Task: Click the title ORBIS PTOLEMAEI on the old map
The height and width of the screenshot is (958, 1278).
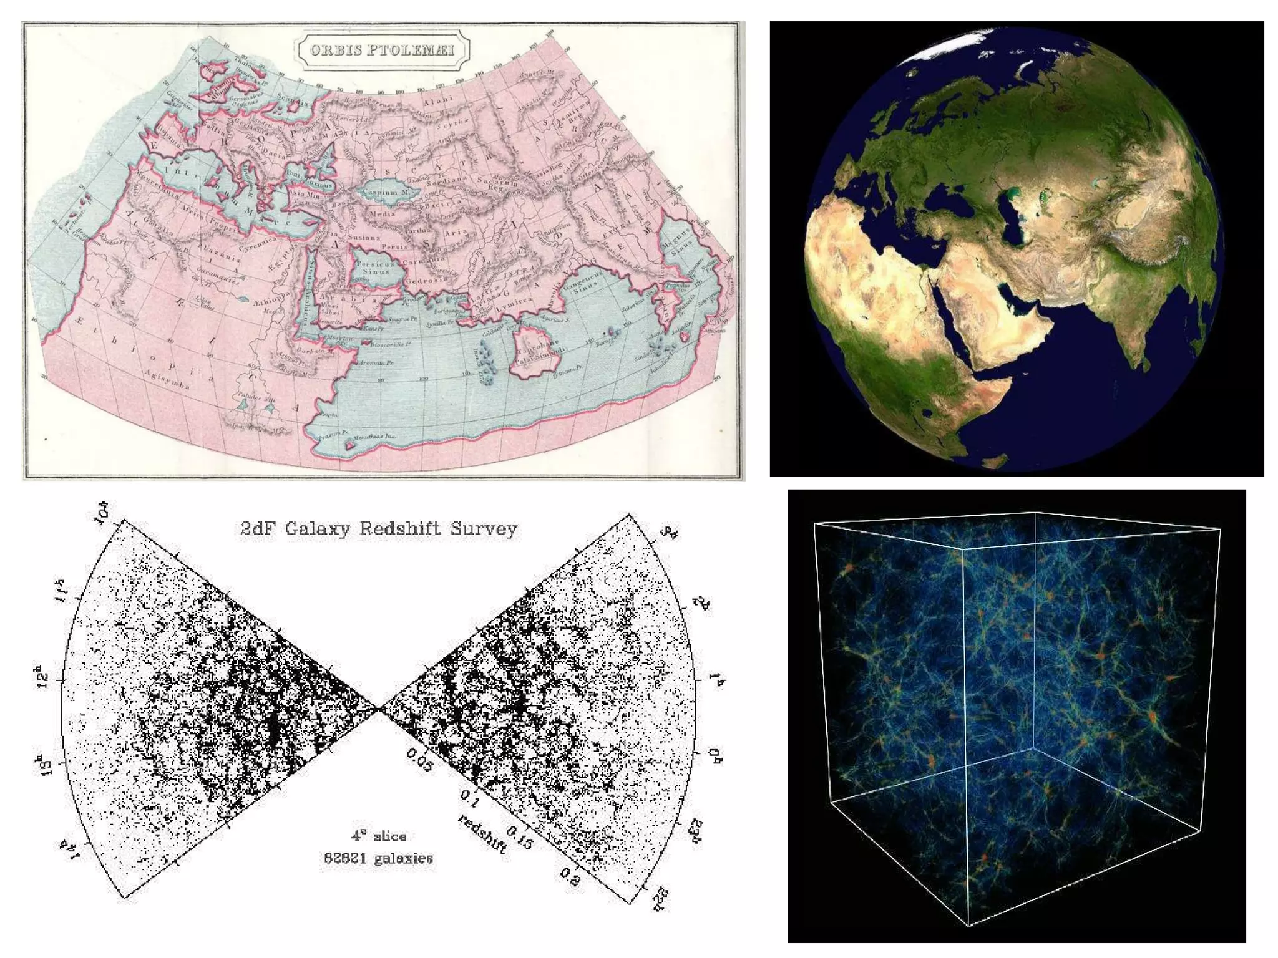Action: tap(382, 50)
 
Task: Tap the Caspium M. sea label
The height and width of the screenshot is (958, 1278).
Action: tap(385, 192)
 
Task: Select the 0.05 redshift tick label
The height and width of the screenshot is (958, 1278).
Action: tap(419, 760)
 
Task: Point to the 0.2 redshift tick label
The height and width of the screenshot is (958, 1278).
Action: tap(569, 876)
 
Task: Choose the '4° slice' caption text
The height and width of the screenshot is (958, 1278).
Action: tap(379, 836)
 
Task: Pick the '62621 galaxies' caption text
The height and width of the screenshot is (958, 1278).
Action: tap(378, 858)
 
